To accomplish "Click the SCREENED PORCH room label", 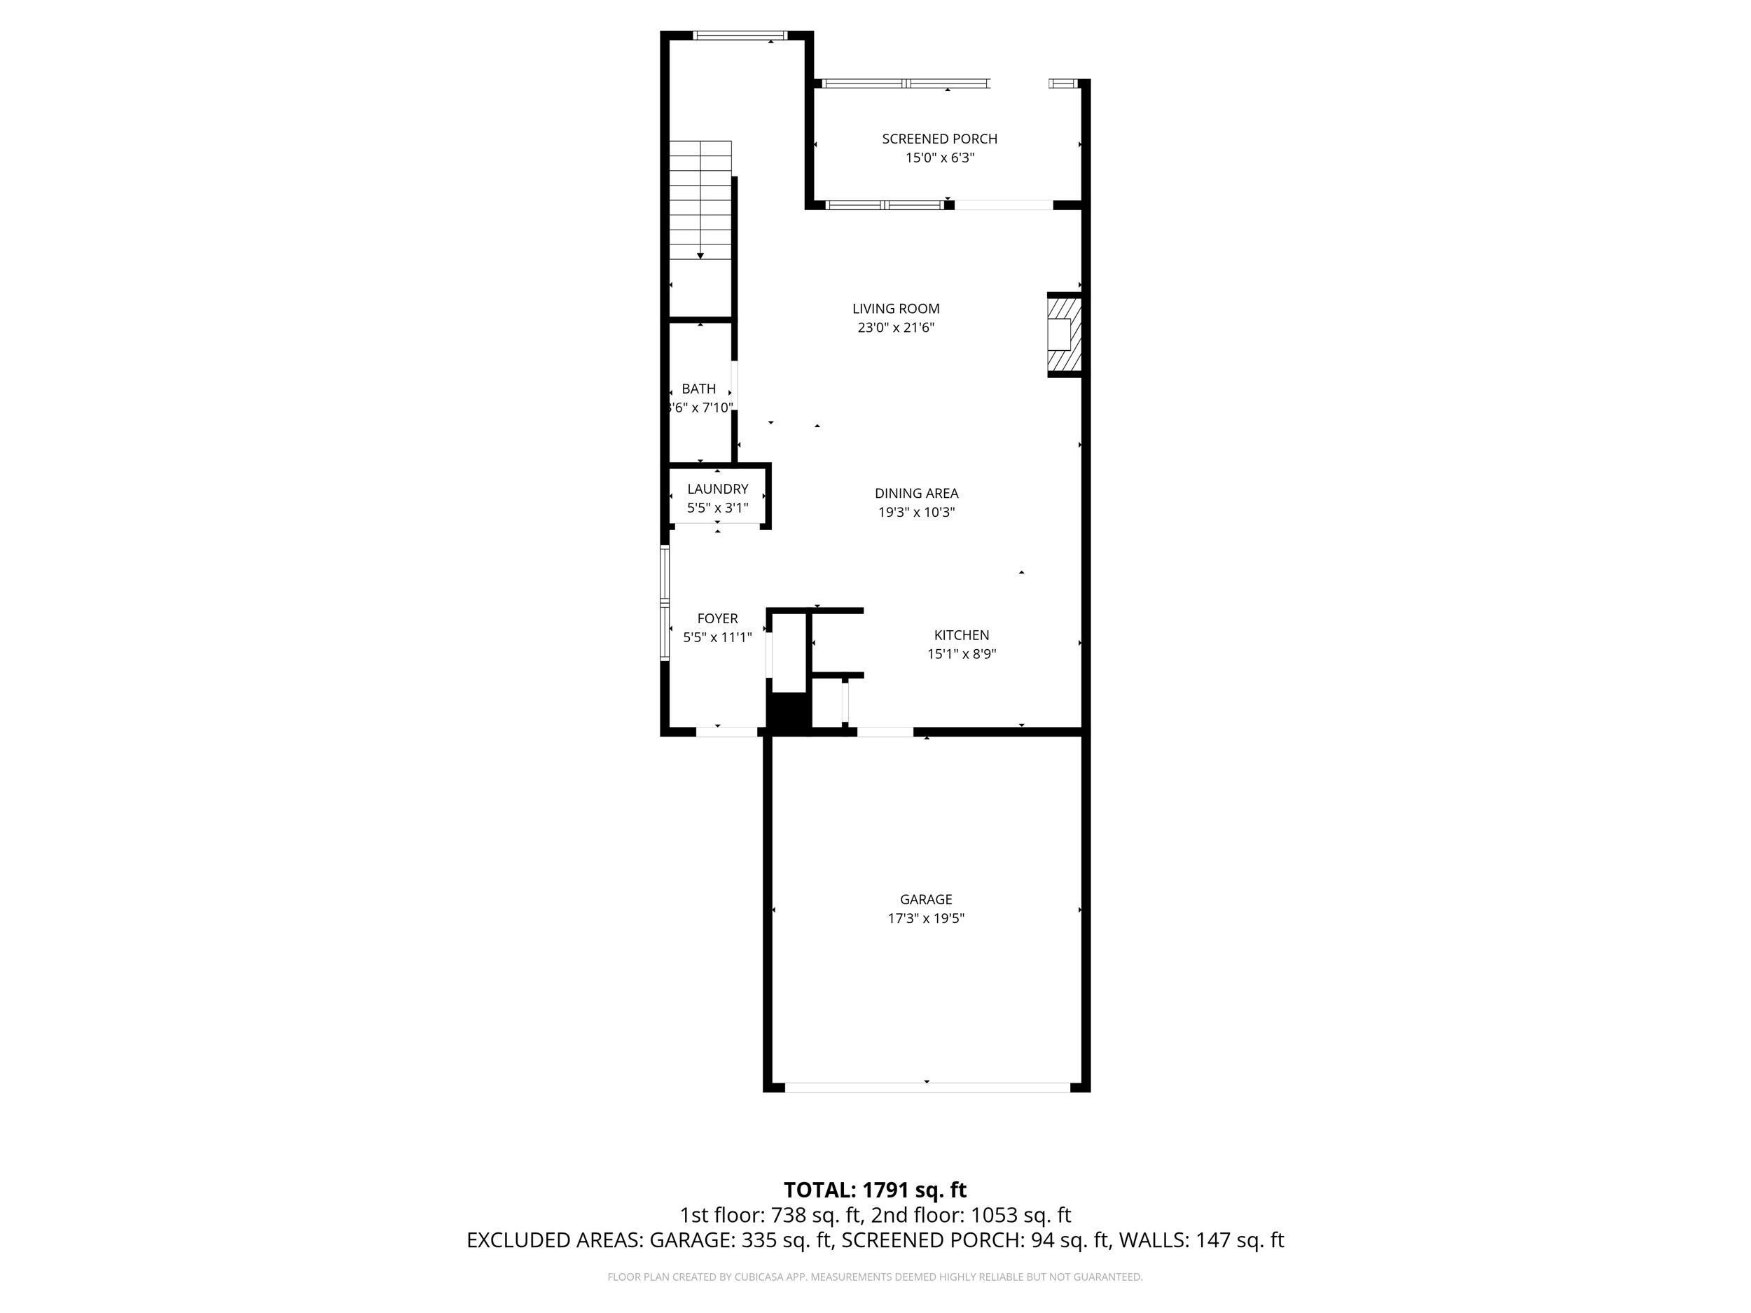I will click(x=940, y=139).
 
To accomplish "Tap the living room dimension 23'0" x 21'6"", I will click(x=896, y=328).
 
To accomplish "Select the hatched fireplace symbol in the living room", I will click(x=1064, y=335).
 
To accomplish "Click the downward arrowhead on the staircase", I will click(x=700, y=256).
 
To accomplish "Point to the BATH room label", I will click(x=699, y=389).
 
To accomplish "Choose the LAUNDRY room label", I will click(x=717, y=489).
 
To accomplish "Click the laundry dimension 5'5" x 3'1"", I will click(x=717, y=508).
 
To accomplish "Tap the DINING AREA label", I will click(x=916, y=493).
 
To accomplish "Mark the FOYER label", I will click(x=717, y=619).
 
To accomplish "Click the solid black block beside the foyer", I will click(x=788, y=711).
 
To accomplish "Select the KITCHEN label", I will click(x=961, y=634).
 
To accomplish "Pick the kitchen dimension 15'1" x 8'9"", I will click(x=961, y=654).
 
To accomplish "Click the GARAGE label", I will click(x=925, y=899).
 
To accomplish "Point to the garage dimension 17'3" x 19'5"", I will click(x=925, y=918).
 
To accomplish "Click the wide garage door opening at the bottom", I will click(x=926, y=1088).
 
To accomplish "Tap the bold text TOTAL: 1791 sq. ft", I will click(x=875, y=1190).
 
